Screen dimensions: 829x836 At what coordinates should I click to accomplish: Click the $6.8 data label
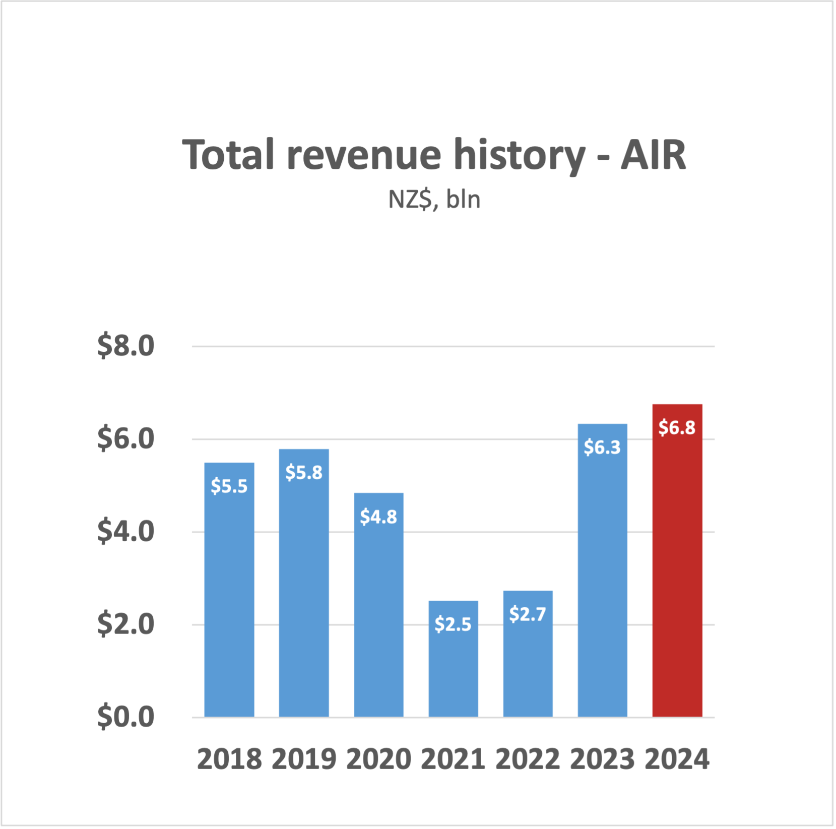point(677,427)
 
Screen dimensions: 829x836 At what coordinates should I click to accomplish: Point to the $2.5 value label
point(453,624)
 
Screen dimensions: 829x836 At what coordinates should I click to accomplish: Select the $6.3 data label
point(602,447)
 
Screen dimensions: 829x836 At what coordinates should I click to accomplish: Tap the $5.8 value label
point(303,472)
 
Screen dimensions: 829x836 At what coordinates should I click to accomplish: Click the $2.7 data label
point(528,614)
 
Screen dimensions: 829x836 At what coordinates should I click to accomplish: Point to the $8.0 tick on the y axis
point(125,346)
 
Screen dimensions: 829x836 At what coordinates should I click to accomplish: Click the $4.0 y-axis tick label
point(125,532)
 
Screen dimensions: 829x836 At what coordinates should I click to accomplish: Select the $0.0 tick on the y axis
point(125,717)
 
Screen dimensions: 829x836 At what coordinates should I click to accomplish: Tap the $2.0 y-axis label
point(125,624)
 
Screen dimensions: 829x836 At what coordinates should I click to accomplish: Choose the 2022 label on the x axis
point(528,759)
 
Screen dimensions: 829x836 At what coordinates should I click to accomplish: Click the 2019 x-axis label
point(303,759)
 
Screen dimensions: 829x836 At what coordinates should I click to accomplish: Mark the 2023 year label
point(602,759)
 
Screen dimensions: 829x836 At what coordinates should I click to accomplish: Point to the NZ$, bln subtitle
point(434,200)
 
